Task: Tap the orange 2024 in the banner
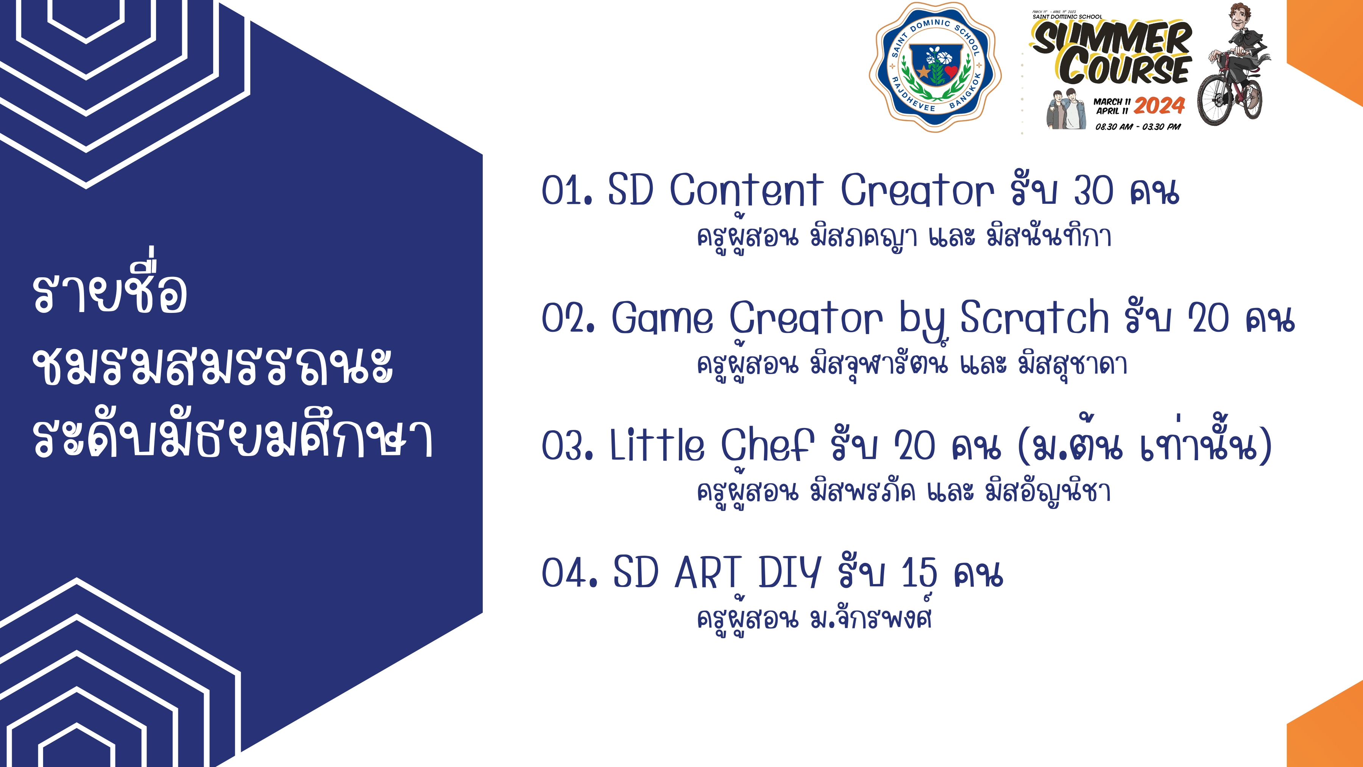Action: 1159,106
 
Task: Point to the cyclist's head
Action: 1242,19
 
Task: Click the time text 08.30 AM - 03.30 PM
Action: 1138,127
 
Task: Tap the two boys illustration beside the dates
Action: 1066,109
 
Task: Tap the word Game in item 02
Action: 662,318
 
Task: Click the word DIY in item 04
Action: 789,573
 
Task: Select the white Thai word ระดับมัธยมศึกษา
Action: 233,433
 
